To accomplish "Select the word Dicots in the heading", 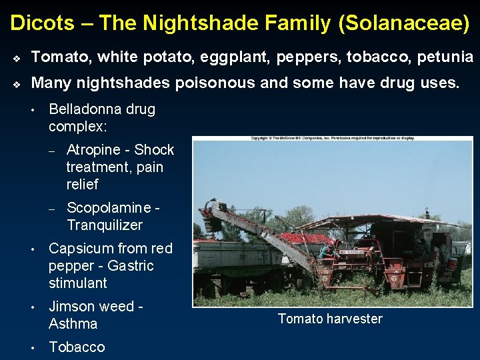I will tap(42, 23).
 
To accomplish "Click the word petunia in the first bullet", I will tap(445, 57).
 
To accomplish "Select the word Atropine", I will tap(93, 150).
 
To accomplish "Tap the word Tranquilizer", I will tap(105, 225).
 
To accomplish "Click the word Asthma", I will tap(73, 324).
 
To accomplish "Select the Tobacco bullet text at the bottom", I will tap(77, 347).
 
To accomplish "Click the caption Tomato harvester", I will tap(330, 319).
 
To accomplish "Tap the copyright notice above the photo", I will tap(332, 139).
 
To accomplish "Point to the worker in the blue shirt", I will tap(325, 252).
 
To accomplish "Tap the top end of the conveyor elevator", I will tap(213, 206).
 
